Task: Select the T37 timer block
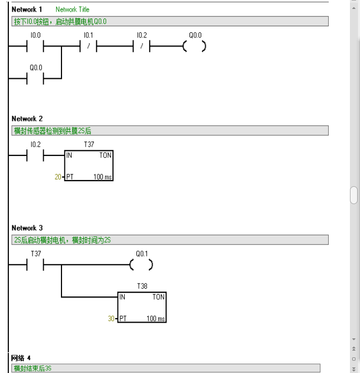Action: [88, 166]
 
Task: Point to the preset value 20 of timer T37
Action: [58, 177]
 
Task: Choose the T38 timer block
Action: [142, 307]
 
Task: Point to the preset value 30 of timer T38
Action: [111, 318]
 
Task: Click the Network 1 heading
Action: [27, 10]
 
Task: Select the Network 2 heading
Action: [27, 119]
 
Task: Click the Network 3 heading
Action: [27, 228]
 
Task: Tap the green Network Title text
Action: [72, 10]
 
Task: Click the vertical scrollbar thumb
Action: [353, 195]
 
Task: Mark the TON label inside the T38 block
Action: [159, 298]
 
